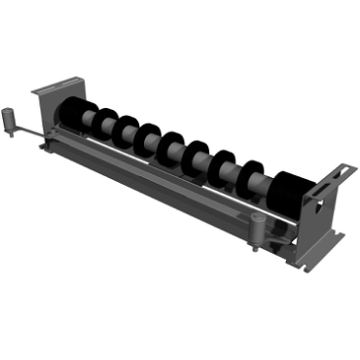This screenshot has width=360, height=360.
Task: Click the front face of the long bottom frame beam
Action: point(165,190)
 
